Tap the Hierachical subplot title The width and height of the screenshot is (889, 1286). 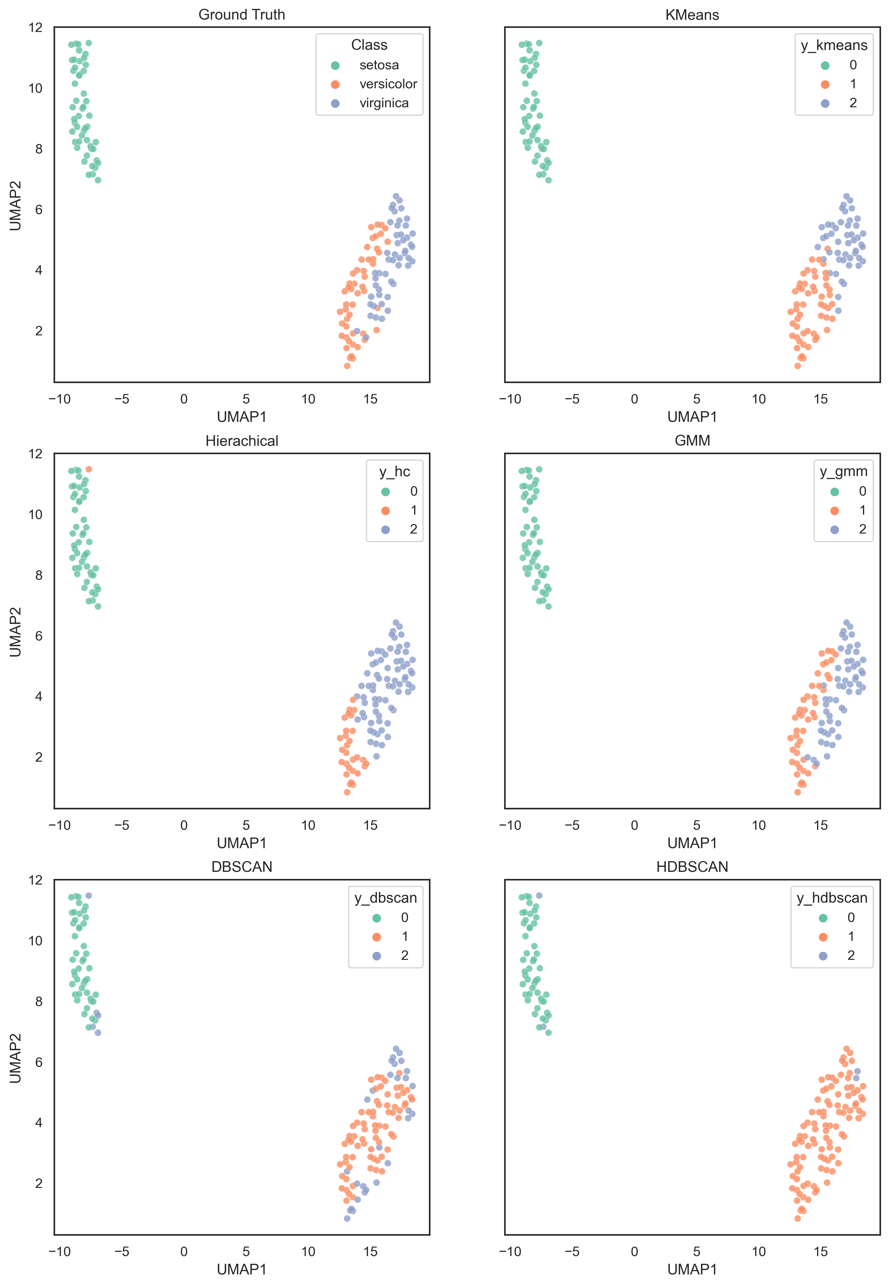(x=242, y=441)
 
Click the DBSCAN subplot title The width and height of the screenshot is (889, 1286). (x=242, y=867)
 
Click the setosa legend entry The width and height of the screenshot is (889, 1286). (x=379, y=65)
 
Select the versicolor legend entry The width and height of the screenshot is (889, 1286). (x=388, y=84)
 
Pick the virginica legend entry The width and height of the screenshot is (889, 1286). (x=384, y=103)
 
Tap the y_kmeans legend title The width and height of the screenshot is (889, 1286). (x=834, y=45)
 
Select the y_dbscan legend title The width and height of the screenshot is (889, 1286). (x=385, y=898)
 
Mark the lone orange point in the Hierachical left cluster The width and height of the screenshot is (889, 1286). (x=89, y=469)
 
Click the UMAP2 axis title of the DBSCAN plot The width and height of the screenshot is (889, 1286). (x=16, y=1058)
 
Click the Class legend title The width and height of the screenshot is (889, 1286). (x=369, y=45)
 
